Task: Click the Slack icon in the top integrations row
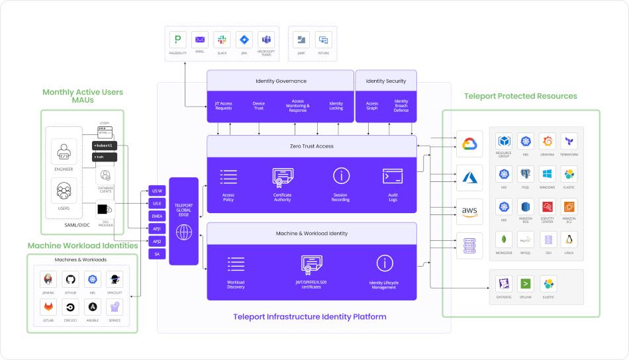click(222, 40)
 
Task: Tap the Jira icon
click(244, 40)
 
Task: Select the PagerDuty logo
click(177, 40)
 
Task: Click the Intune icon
click(322, 40)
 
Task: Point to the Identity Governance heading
click(281, 81)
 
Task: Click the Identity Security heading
click(386, 81)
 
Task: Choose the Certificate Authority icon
click(282, 177)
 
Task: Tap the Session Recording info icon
click(341, 176)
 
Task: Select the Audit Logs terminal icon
click(393, 176)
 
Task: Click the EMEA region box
click(157, 216)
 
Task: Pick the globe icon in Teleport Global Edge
click(184, 232)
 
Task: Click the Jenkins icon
click(47, 279)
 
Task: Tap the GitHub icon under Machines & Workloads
click(70, 279)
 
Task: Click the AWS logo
click(469, 211)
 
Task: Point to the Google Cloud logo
click(469, 144)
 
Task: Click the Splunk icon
click(526, 285)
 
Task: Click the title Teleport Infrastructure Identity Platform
click(309, 317)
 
